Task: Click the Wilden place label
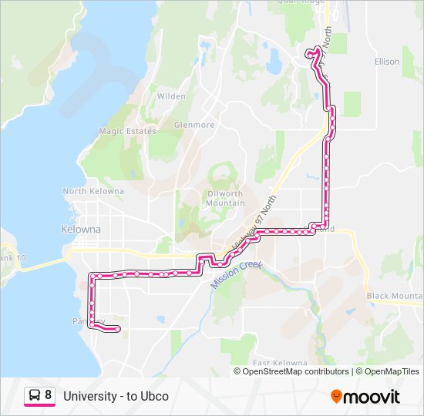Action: click(x=171, y=96)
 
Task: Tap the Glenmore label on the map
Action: click(x=193, y=125)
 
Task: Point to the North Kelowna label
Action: click(x=93, y=191)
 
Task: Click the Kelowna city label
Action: click(x=80, y=230)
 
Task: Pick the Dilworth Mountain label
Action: click(x=225, y=198)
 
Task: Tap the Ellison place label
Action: click(x=386, y=62)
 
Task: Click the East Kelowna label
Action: click(x=280, y=363)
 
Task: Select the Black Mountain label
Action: click(x=394, y=296)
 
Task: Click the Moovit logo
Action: click(x=365, y=397)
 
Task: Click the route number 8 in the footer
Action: click(x=49, y=396)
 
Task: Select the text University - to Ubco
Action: click(x=116, y=397)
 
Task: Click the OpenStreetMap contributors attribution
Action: click(x=295, y=371)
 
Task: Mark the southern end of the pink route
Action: click(x=118, y=330)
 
